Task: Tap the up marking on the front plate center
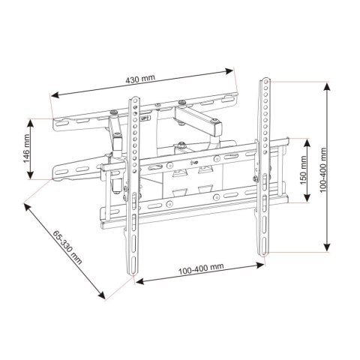coord(195,158)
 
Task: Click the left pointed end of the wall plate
coord(54,175)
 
